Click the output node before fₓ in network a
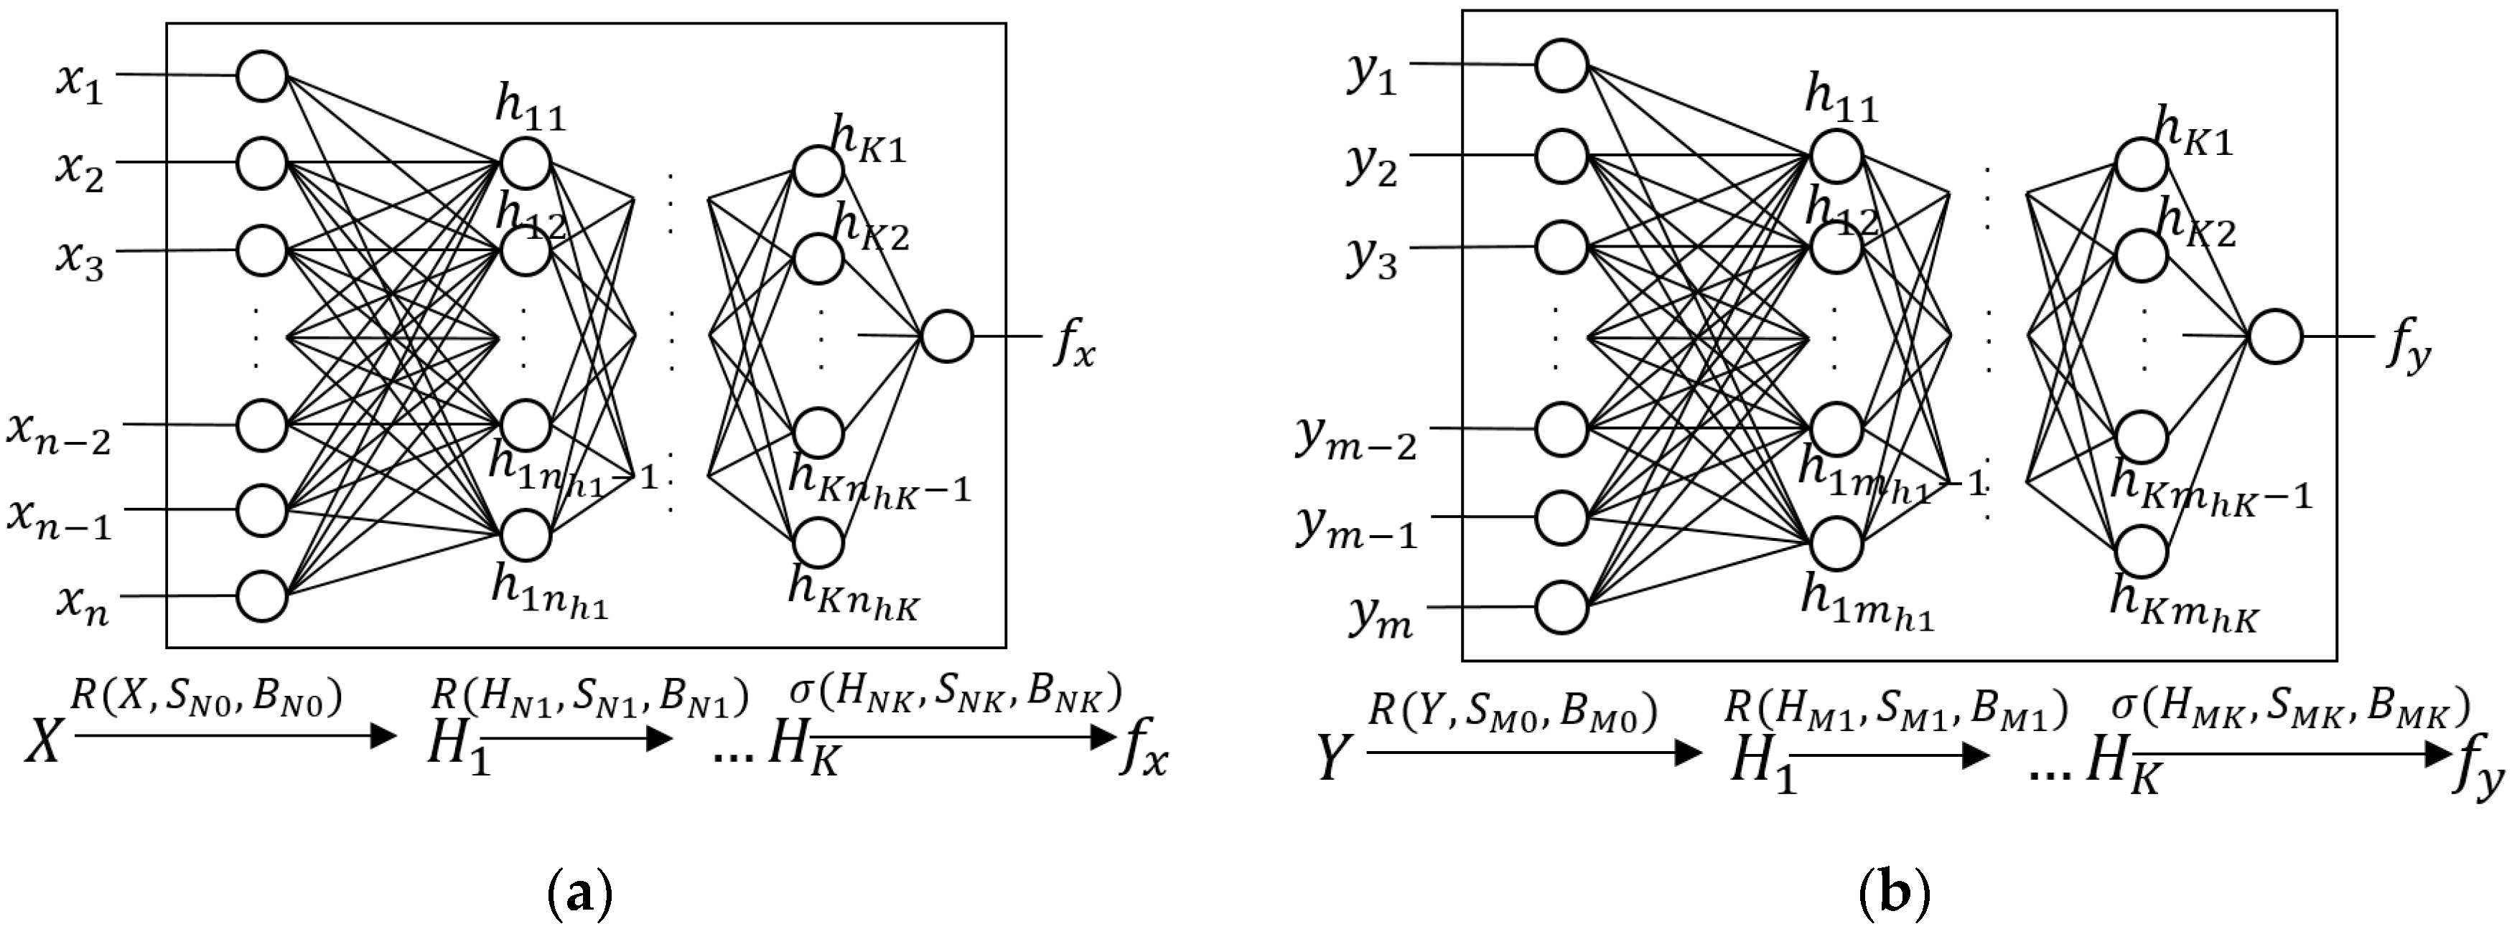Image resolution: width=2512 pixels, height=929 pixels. (x=946, y=336)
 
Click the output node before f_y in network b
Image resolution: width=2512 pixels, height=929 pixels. (x=2275, y=337)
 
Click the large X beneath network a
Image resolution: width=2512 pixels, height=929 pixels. (x=44, y=755)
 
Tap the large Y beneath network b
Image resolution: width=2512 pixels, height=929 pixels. (x=1333, y=758)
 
